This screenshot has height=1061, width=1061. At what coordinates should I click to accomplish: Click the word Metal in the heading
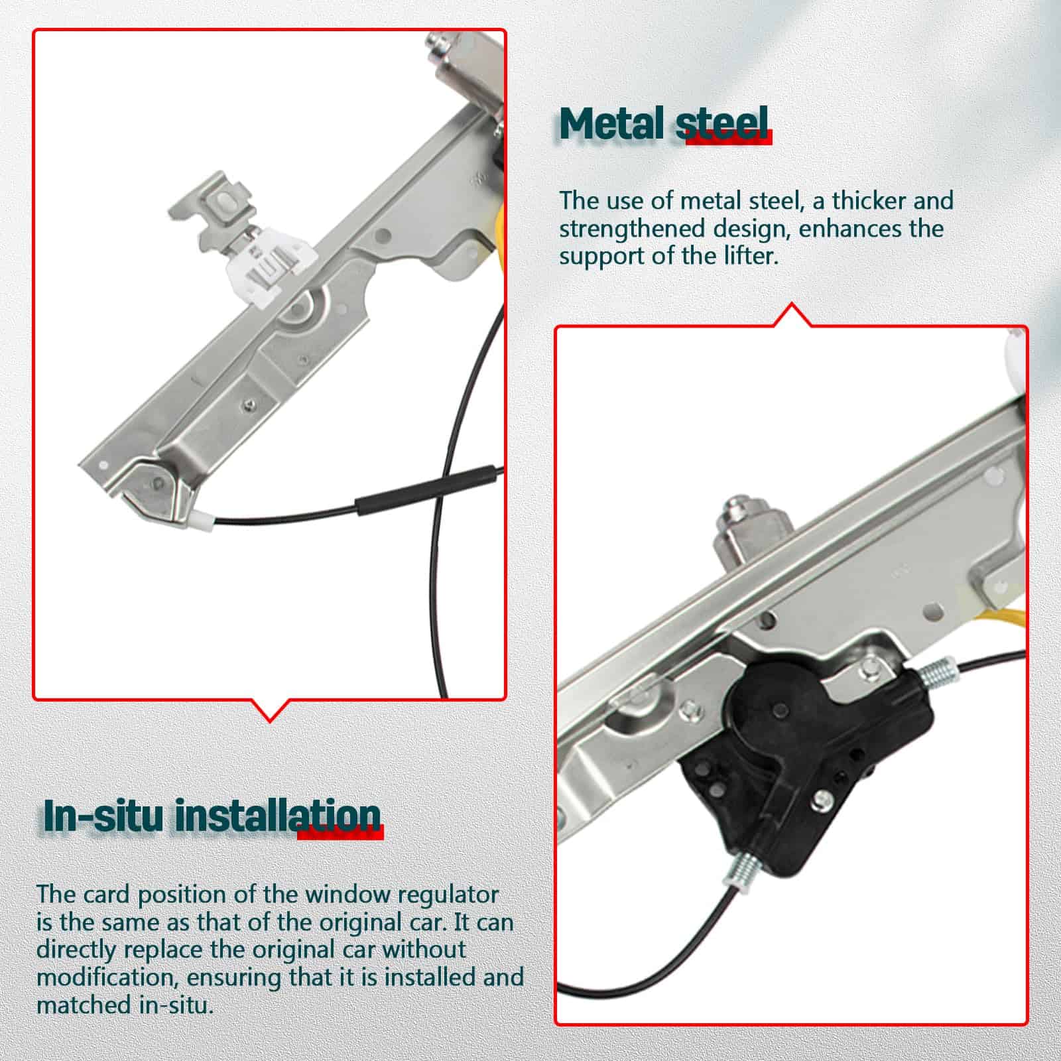tap(611, 123)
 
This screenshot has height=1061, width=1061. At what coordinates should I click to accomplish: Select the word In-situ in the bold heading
tap(103, 816)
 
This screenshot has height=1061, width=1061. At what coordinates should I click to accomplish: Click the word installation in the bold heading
tap(278, 816)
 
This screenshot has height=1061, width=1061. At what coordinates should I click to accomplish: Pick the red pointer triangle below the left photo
tap(270, 709)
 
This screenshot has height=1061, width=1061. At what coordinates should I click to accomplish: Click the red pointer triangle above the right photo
tap(792, 314)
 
